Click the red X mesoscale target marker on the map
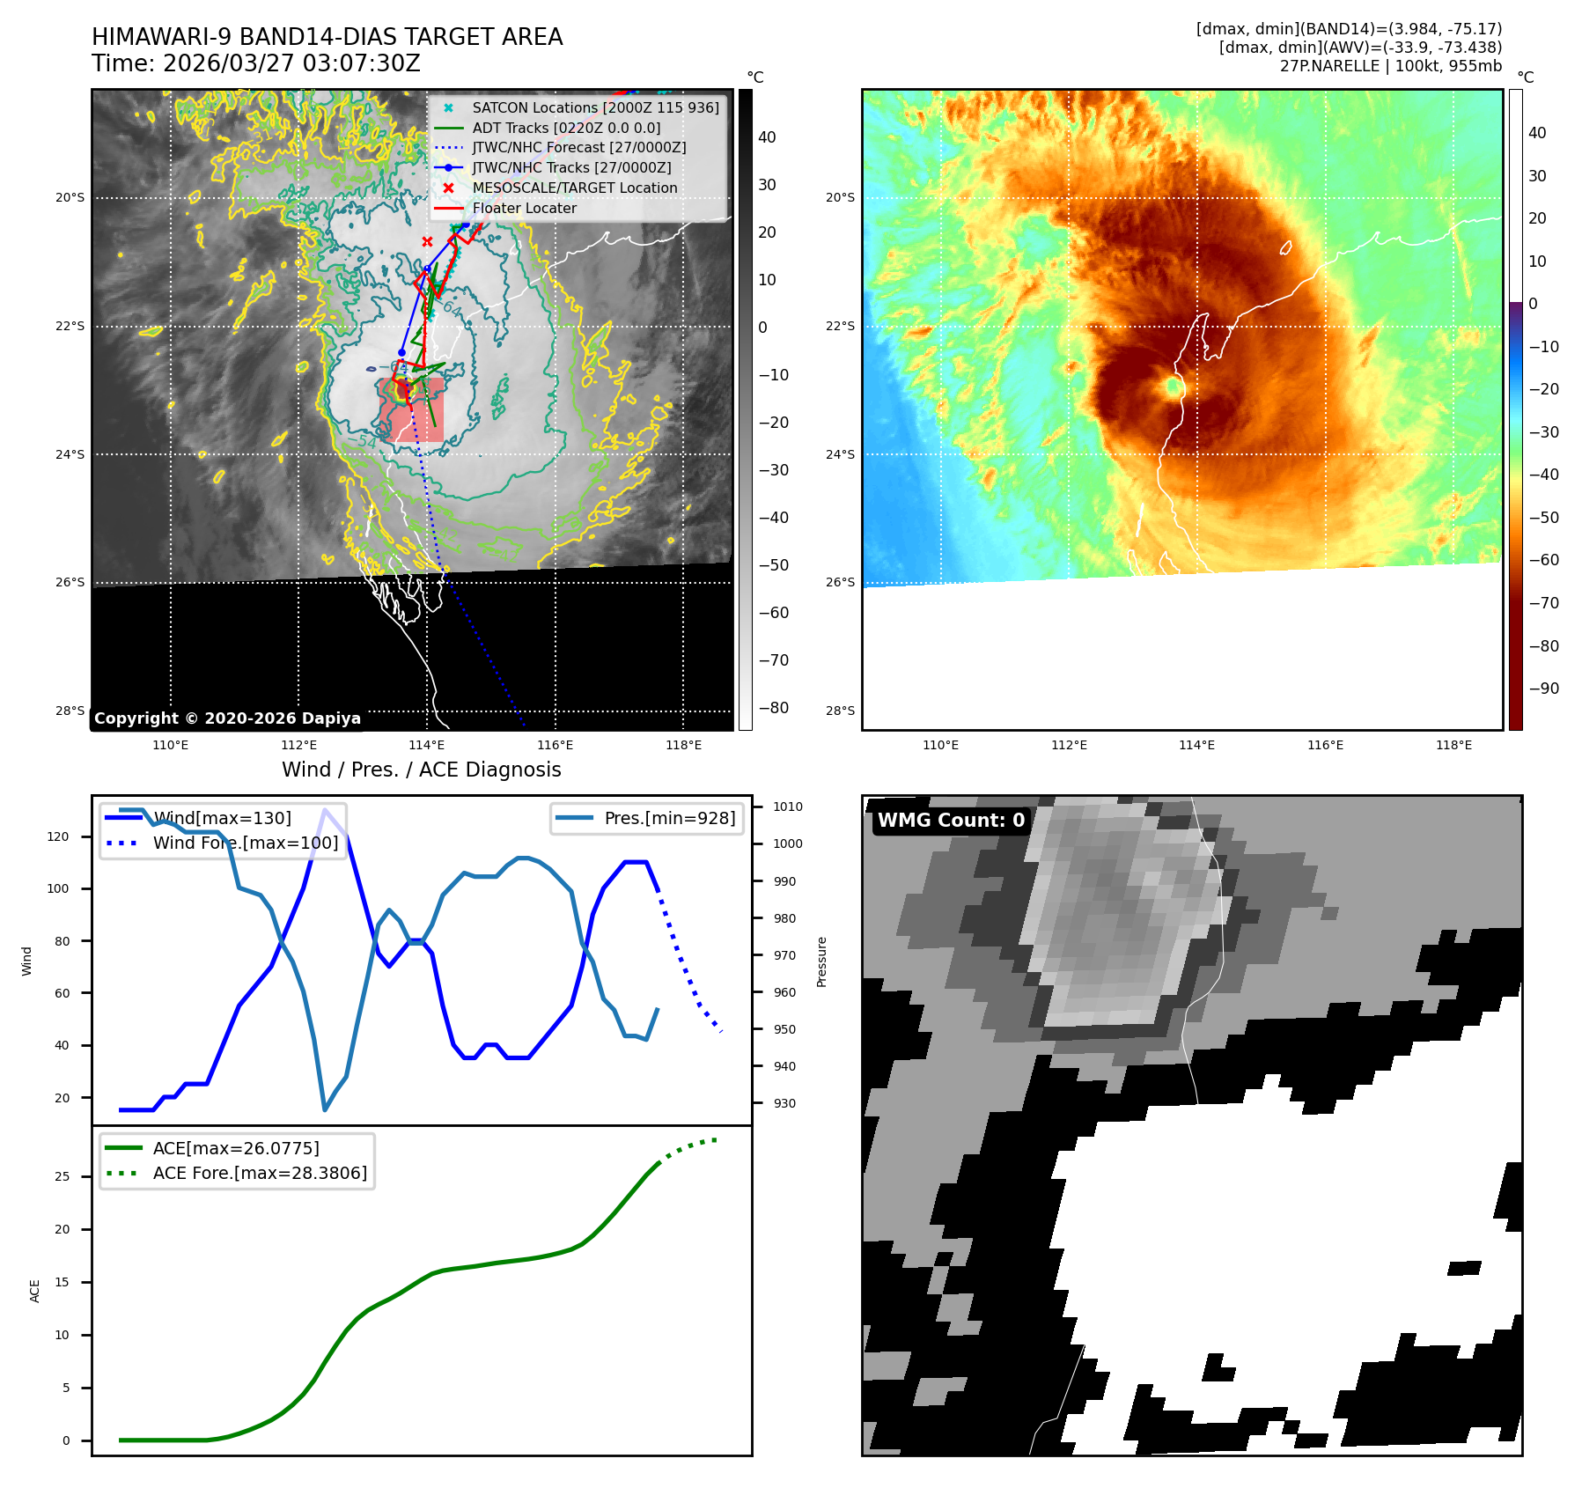(x=427, y=241)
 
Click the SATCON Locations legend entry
(x=595, y=107)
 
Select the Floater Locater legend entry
(x=524, y=208)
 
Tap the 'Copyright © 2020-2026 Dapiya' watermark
(x=227, y=718)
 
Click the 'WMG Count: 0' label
(x=951, y=820)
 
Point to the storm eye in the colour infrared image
(x=1174, y=386)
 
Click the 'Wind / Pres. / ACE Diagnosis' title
(x=421, y=770)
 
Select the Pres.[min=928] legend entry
(x=669, y=818)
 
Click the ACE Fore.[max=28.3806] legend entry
(x=260, y=1173)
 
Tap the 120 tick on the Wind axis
(x=58, y=836)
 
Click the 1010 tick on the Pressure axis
(x=788, y=807)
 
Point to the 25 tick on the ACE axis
(x=62, y=1176)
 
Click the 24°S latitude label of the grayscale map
(x=70, y=454)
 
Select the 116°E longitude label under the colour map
(x=1325, y=745)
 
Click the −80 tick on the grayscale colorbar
(x=774, y=708)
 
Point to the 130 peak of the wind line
(x=326, y=810)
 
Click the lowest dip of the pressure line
(x=325, y=1109)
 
